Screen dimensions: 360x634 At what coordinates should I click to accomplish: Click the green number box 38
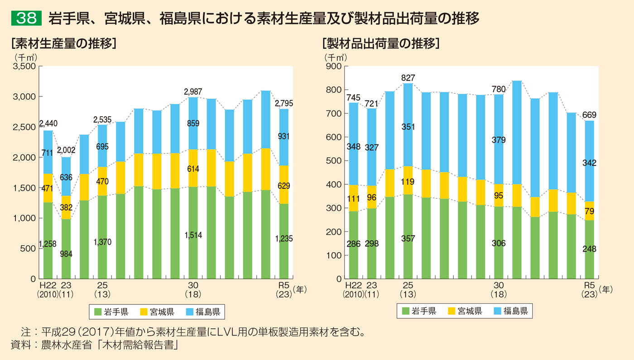[26, 19]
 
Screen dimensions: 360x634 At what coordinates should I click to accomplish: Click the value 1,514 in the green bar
[193, 235]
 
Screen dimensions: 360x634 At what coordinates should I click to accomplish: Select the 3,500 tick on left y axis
[25, 67]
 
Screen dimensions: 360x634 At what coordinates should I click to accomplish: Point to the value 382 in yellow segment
[66, 207]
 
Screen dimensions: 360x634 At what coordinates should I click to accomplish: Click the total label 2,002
[66, 150]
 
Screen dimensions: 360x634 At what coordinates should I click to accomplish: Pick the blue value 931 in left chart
[283, 136]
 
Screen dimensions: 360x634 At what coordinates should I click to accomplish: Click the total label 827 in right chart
[408, 78]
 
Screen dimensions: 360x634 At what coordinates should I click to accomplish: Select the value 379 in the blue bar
[499, 140]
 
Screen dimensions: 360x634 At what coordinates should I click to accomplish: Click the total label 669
[589, 115]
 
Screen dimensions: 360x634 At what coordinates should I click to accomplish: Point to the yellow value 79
[589, 211]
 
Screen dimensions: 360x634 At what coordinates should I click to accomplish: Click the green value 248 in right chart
[589, 249]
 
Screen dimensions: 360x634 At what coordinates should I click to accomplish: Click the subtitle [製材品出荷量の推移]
[380, 43]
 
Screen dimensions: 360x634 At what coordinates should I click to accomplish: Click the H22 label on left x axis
[48, 286]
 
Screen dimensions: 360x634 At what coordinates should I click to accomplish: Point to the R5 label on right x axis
[589, 286]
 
